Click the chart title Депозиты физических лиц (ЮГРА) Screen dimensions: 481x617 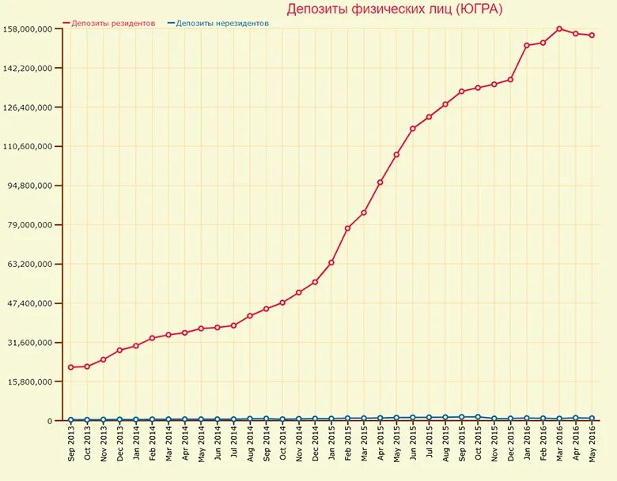394,9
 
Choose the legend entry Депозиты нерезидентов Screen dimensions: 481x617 222,24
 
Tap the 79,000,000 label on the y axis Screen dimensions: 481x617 30,225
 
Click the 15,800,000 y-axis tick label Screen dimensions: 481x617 30,381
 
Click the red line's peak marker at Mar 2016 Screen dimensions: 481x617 559,28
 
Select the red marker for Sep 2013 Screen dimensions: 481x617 70,367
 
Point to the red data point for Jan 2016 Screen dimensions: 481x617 527,45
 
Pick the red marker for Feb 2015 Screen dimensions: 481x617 347,228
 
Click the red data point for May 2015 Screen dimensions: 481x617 396,155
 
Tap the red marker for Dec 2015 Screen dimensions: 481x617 510,80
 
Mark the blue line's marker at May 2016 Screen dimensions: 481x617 592,419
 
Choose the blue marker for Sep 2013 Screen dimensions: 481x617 70,420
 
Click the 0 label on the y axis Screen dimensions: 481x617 48,421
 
